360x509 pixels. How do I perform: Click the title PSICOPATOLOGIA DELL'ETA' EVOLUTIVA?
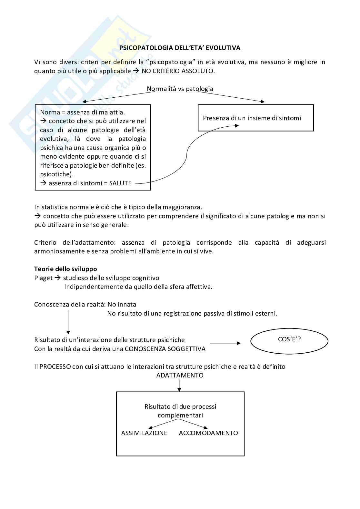coord(180,48)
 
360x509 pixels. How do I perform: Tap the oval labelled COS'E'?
coord(289,341)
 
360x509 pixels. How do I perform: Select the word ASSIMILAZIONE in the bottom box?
coord(144,433)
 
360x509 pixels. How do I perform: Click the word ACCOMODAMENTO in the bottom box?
coord(208,433)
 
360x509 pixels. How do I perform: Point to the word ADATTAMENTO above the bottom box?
coord(180,375)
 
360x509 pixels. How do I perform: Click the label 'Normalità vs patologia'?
coord(180,89)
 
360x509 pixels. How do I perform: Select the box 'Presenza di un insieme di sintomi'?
coord(255,118)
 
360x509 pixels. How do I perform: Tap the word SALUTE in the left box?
coord(120,183)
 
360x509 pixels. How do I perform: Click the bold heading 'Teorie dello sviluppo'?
coord(65,269)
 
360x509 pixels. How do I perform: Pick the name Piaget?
coord(43,278)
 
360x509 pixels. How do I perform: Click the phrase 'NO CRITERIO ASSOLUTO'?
coord(178,71)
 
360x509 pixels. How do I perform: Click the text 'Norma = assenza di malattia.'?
coord(82,112)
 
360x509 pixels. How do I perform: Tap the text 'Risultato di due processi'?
coord(180,406)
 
